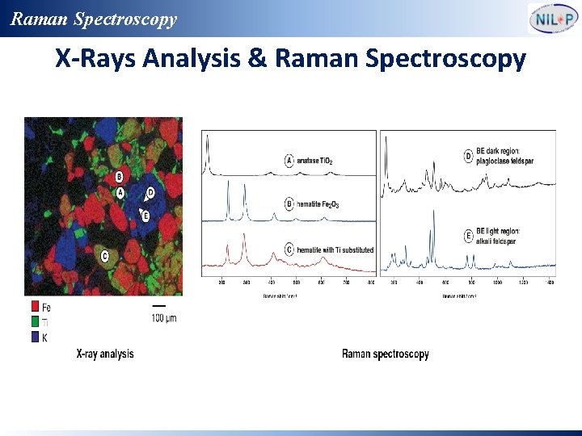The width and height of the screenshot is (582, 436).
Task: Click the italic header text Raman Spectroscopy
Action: click(94, 19)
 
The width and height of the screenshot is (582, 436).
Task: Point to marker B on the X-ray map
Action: click(119, 177)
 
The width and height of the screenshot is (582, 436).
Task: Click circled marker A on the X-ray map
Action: click(120, 193)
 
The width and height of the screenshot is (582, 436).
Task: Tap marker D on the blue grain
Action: click(150, 194)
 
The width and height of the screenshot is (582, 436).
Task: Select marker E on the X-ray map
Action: click(145, 216)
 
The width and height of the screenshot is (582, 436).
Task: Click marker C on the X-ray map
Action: click(104, 256)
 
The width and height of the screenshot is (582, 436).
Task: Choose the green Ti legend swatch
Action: click(35, 322)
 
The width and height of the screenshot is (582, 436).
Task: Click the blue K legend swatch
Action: click(35, 337)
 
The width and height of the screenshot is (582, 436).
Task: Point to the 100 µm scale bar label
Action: click(163, 318)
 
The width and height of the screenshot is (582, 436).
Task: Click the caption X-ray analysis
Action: click(105, 354)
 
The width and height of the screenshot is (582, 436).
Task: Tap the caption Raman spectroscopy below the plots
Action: click(385, 354)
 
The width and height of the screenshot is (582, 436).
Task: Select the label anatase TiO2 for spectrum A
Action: click(314, 161)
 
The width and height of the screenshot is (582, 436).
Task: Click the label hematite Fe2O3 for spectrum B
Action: click(318, 204)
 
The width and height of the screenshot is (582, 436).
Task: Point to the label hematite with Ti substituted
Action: click(335, 250)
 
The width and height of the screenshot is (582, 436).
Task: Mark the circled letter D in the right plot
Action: click(468, 156)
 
